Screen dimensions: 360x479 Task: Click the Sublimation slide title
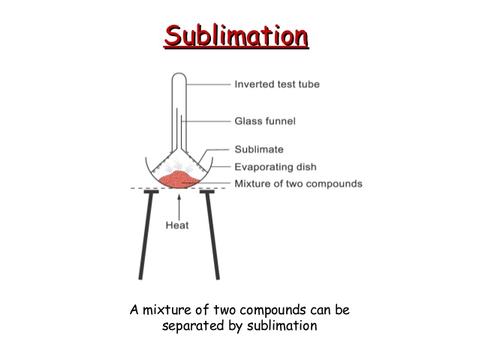pos(236,35)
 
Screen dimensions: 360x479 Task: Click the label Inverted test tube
pos(277,84)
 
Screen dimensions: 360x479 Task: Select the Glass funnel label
pos(265,120)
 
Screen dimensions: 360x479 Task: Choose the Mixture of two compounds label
pos(298,183)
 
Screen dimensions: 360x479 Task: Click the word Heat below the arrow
pos(178,223)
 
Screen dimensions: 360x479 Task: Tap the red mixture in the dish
pos(177,180)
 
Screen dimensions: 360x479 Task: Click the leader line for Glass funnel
pos(206,120)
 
